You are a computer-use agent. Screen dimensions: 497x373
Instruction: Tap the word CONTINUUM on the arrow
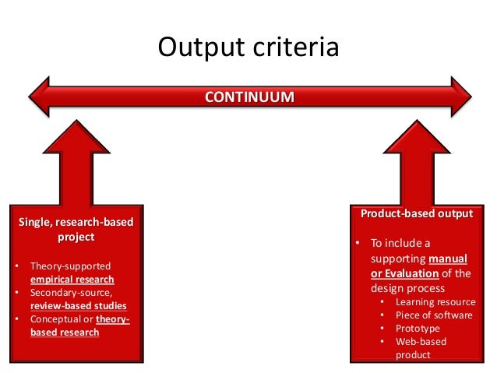click(x=249, y=97)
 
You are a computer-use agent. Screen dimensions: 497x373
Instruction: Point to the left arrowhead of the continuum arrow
click(x=39, y=97)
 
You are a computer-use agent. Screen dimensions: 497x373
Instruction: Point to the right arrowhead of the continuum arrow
click(x=459, y=97)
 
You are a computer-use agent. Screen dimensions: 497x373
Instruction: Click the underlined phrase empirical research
click(x=72, y=280)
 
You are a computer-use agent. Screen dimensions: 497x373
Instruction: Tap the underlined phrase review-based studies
click(x=79, y=306)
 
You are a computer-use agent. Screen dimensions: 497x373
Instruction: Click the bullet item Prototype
click(x=418, y=329)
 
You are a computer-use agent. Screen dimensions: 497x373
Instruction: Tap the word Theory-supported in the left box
click(x=71, y=266)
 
